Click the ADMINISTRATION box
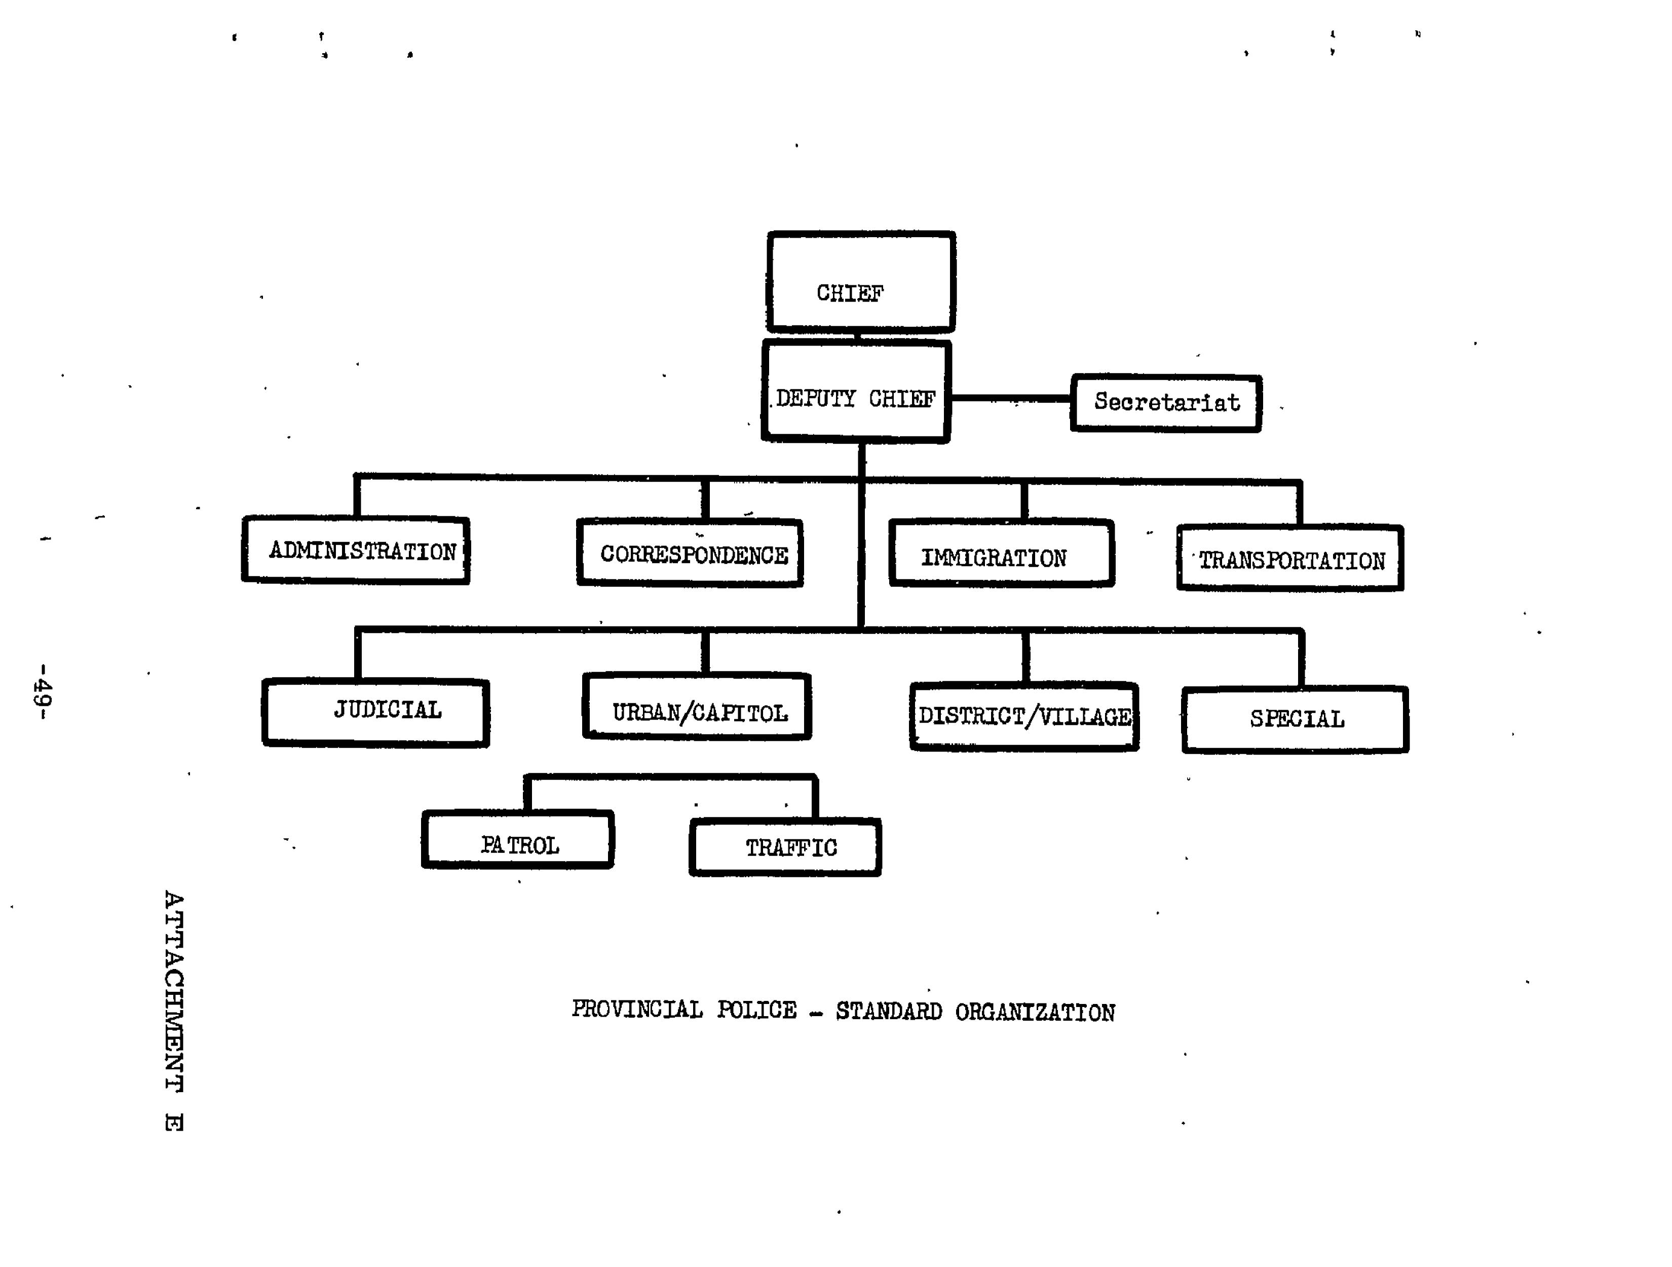click(356, 550)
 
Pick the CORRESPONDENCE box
click(690, 553)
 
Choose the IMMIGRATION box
click(1002, 553)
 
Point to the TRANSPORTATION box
click(1290, 558)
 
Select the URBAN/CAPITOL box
click(697, 707)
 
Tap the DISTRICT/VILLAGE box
click(1024, 716)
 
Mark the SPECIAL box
click(1296, 720)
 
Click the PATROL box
click(518, 840)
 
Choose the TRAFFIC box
click(785, 847)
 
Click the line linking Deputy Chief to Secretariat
click(1011, 398)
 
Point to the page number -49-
click(43, 691)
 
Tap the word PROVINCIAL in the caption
click(637, 1009)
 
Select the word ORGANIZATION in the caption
click(1035, 1012)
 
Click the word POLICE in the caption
click(756, 1010)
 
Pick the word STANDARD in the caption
click(889, 1012)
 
